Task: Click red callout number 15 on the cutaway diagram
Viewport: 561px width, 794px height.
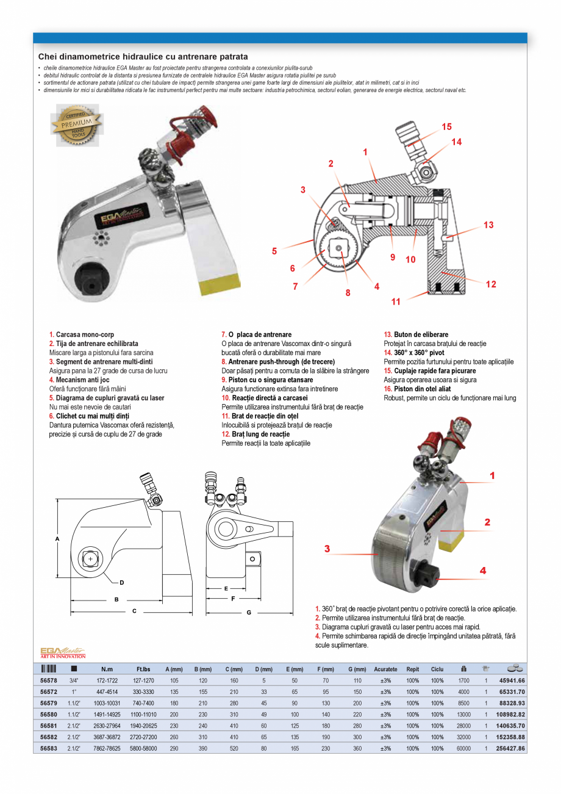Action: (447, 127)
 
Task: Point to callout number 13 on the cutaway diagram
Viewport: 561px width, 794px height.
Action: (488, 225)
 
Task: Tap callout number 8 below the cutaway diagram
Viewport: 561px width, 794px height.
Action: (348, 292)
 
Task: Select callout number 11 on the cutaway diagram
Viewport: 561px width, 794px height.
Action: (396, 301)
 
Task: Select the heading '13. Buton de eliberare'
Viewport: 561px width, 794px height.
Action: (416, 334)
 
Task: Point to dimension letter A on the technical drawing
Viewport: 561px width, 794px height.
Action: (57, 540)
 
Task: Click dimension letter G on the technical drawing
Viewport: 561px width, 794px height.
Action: (249, 612)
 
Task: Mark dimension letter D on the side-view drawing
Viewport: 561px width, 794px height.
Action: (122, 582)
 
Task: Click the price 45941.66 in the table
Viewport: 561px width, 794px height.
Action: (512, 680)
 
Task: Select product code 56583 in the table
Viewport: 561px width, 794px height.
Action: (49, 748)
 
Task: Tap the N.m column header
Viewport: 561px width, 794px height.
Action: (107, 669)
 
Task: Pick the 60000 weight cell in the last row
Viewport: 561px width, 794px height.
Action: (463, 748)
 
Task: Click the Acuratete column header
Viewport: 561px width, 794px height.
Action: (385, 669)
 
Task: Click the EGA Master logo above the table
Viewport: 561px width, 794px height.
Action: (63, 652)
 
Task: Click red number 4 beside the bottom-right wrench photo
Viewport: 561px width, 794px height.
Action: (482, 571)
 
